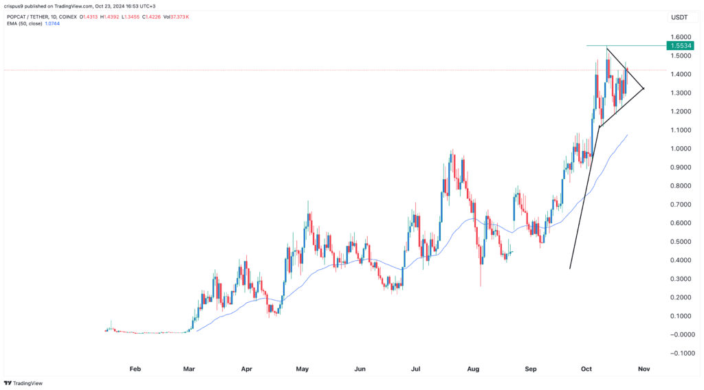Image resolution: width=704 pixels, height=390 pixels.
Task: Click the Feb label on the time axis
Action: click(x=135, y=369)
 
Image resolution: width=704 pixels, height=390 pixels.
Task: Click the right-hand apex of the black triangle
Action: click(x=643, y=88)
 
